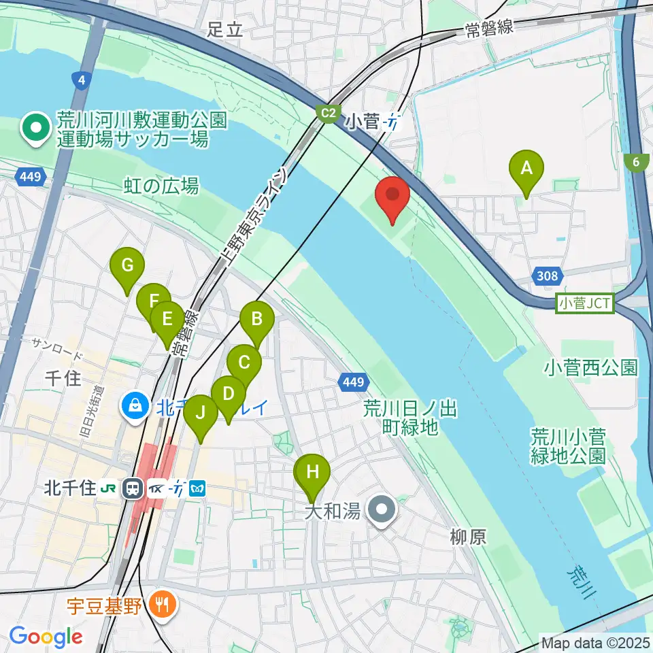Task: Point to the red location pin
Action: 394,196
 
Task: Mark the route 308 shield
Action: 550,275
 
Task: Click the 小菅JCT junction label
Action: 585,303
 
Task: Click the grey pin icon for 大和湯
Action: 381,510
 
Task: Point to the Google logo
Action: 46,637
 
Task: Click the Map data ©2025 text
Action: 595,641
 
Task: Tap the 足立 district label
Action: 225,30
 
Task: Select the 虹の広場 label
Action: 162,185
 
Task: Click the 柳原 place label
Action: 467,537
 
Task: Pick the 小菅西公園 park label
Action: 590,368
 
